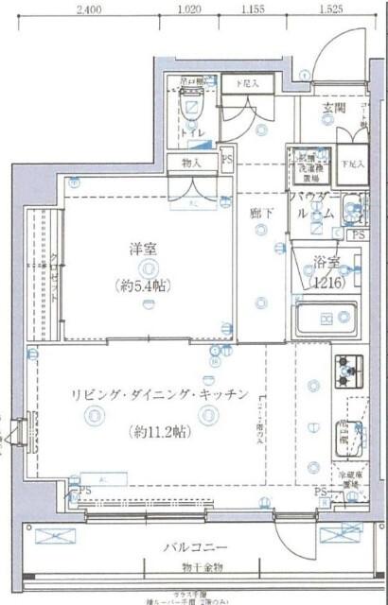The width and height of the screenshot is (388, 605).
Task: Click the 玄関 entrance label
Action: (x=333, y=110)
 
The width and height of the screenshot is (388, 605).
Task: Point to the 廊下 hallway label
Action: (x=261, y=213)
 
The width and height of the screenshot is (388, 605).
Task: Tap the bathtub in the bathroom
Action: (x=327, y=322)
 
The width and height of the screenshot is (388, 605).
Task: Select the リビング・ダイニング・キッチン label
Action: (x=158, y=393)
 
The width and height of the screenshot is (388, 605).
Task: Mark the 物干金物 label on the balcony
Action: (x=193, y=567)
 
